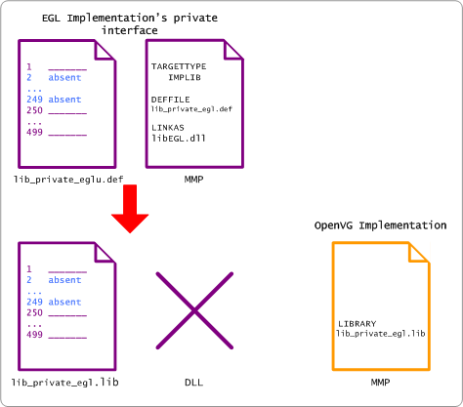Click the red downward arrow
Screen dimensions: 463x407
coord(130,208)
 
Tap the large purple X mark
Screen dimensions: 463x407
coord(194,310)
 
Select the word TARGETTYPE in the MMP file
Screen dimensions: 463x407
coord(179,66)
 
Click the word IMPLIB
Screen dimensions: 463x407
coord(185,77)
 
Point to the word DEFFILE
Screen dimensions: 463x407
coord(170,100)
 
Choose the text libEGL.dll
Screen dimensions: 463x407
coord(179,138)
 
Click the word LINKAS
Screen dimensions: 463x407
coord(168,127)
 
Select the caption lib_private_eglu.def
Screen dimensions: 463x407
coord(68,180)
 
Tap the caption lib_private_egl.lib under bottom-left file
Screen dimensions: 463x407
coord(65,382)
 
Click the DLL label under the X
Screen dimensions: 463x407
coord(193,382)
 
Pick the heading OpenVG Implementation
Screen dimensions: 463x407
coord(380,225)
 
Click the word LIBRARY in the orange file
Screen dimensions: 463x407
coord(358,324)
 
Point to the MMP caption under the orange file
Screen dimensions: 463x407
coord(380,382)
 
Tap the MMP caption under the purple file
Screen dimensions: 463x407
coord(193,179)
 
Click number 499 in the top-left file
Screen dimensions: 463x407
coord(34,132)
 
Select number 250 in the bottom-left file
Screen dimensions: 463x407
coord(34,312)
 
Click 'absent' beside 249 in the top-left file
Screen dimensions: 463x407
coord(64,99)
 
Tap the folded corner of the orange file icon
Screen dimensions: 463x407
coord(418,253)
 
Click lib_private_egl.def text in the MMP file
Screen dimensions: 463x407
coord(191,109)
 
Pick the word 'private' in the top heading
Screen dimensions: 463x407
coord(195,18)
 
